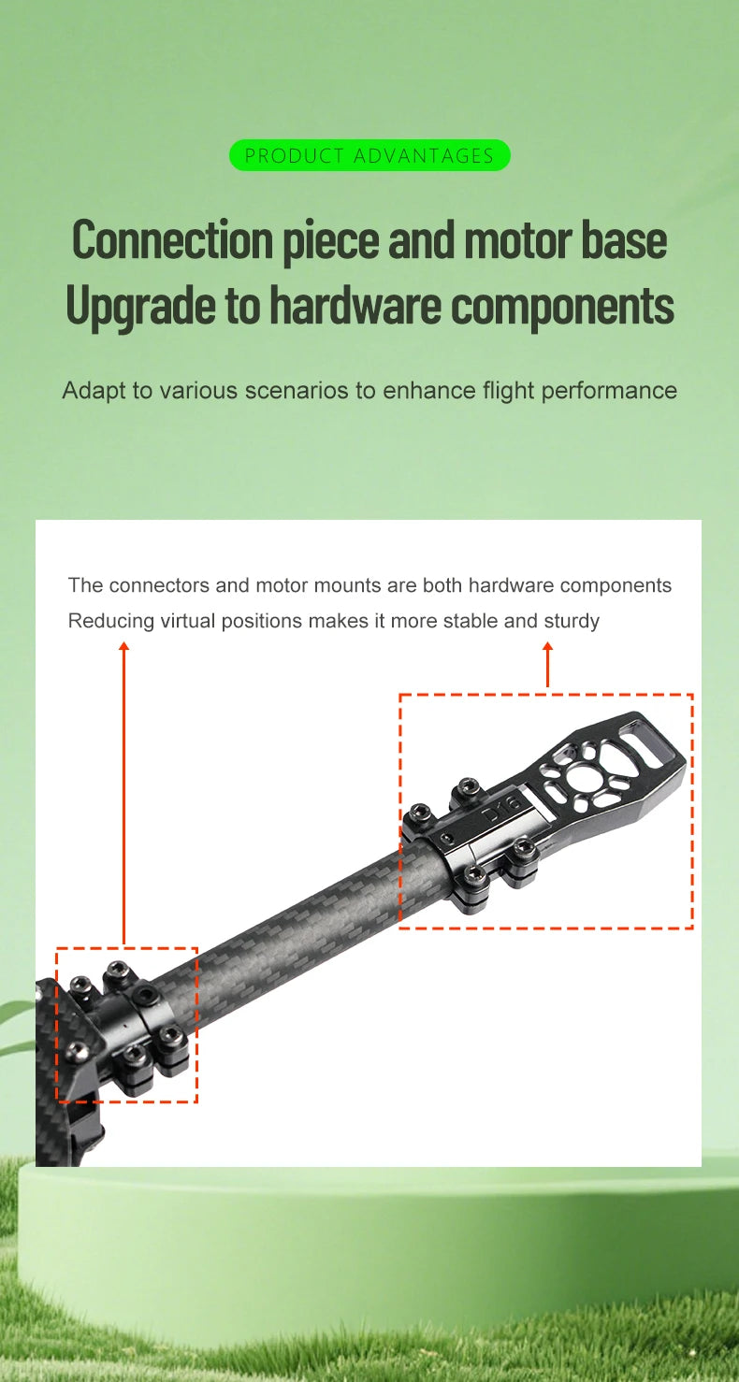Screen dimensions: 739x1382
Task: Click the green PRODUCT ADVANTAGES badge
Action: click(369, 155)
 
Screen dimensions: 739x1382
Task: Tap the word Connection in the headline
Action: click(172, 240)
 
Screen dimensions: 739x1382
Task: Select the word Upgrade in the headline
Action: click(139, 306)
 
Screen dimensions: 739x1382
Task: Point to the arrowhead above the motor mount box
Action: click(547, 646)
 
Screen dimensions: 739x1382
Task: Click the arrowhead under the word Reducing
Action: click(124, 646)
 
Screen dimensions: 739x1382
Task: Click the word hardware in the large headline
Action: click(355, 305)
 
